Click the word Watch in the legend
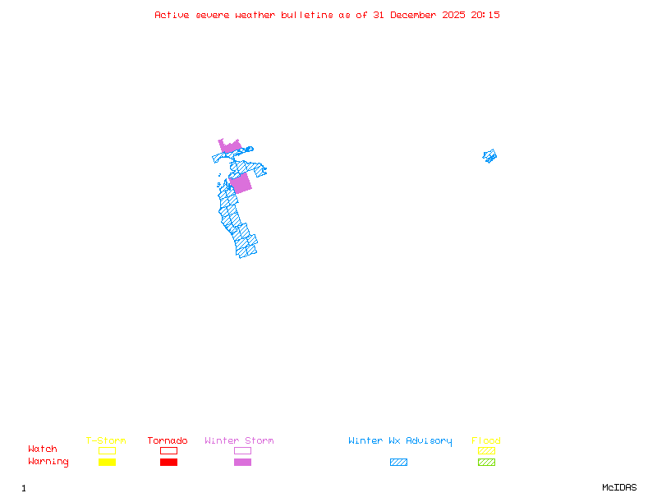tap(43, 449)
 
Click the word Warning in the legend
tap(48, 462)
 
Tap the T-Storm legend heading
tap(106, 441)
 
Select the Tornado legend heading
tap(168, 441)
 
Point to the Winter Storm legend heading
tap(239, 441)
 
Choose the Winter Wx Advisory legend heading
tap(400, 441)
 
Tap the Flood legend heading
tap(486, 441)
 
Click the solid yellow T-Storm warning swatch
tap(107, 463)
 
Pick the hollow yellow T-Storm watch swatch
tap(107, 450)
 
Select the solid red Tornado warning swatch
tap(168, 463)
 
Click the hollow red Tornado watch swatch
tap(168, 450)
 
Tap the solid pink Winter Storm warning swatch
tap(242, 463)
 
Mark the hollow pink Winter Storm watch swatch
tap(242, 450)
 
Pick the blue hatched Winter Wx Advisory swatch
tap(398, 463)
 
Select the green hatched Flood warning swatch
tap(486, 463)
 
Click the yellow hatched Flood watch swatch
tap(486, 450)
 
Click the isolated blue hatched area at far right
tap(490, 155)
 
